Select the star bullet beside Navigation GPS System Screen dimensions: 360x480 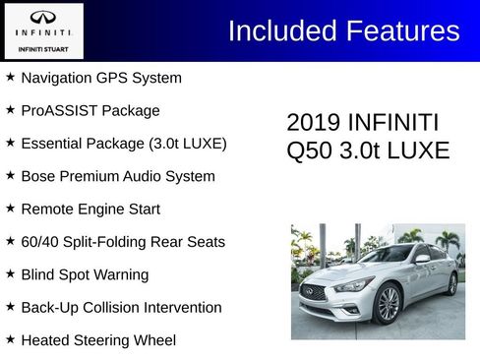[x=10, y=78]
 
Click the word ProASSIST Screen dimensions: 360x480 [x=55, y=110]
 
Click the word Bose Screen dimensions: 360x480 [x=37, y=176]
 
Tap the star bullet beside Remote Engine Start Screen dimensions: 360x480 [x=10, y=209]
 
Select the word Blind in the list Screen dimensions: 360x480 [x=37, y=274]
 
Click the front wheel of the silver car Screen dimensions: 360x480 [x=388, y=304]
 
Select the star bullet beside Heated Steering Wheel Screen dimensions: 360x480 [x=10, y=340]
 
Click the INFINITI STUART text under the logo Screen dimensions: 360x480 [x=43, y=46]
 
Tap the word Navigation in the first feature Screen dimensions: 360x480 [x=57, y=78]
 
